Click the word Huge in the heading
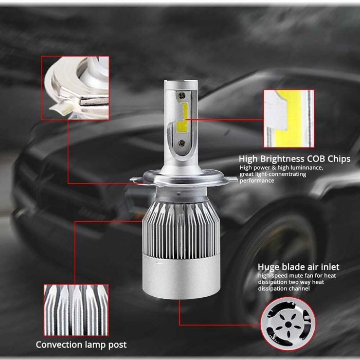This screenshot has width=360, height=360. (x=269, y=267)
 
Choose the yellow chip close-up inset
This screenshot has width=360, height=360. (x=289, y=119)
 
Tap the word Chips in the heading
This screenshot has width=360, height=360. (x=340, y=159)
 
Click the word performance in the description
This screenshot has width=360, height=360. (x=257, y=181)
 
